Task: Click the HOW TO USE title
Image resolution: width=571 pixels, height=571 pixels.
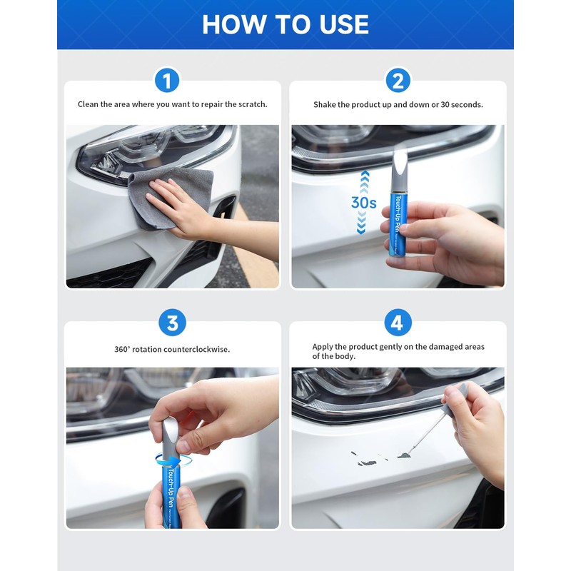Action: [x=285, y=24]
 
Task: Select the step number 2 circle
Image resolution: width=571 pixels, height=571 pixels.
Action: [x=398, y=80]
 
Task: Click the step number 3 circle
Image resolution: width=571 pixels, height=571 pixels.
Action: [x=172, y=323]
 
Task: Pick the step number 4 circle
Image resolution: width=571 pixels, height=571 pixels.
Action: [x=398, y=323]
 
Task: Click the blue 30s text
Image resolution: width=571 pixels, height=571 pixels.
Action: [x=363, y=202]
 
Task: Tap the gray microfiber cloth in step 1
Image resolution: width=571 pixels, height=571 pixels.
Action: [x=171, y=196]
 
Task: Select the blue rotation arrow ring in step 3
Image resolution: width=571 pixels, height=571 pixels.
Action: [x=173, y=446]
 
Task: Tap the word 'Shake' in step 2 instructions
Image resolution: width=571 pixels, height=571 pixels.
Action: [x=325, y=104]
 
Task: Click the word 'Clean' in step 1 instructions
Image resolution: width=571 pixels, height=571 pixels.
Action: [x=89, y=104]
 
